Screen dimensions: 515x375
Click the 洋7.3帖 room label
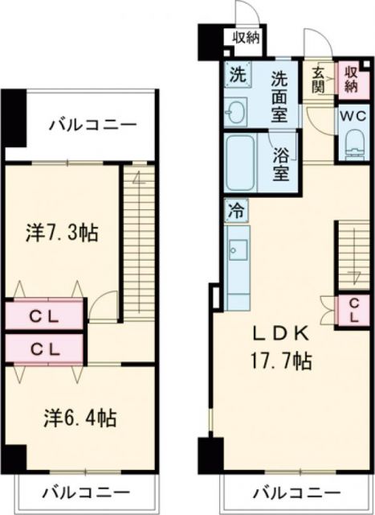pos(62,233)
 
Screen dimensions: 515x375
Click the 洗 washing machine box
pos(237,76)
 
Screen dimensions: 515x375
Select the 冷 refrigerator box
pos(236,212)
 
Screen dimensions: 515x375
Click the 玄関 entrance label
pos(317,79)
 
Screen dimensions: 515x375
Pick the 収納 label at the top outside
pos(247,36)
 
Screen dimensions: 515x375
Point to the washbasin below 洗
pos(236,111)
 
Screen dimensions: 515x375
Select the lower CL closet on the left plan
pos(44,349)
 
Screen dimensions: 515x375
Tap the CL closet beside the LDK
pos(349,310)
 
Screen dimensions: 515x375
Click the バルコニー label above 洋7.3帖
pos(91,125)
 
